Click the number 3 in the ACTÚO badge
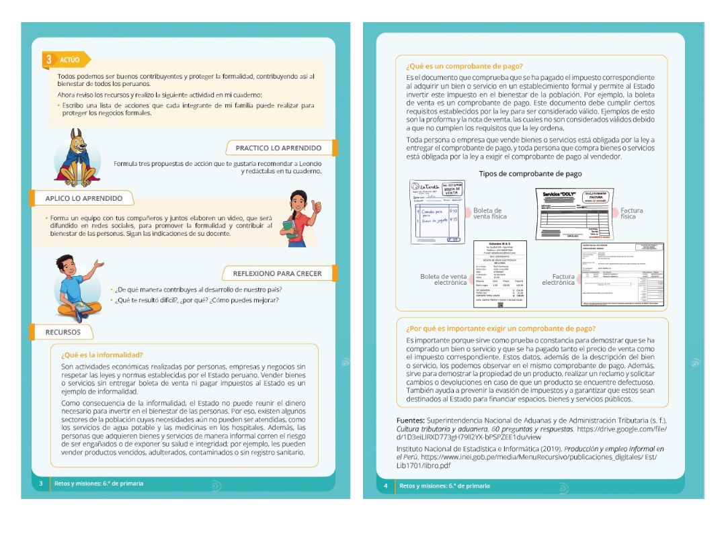(x=49, y=60)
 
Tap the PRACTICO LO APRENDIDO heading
(x=278, y=148)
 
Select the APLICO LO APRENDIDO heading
(x=83, y=198)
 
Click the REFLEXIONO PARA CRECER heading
(x=277, y=273)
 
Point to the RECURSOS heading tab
(x=63, y=332)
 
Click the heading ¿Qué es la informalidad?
(x=102, y=355)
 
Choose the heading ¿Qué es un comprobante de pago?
(x=464, y=66)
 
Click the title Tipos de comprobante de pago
(x=530, y=174)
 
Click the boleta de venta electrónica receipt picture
(x=499, y=274)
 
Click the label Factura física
(x=631, y=214)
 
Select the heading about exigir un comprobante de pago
(x=500, y=328)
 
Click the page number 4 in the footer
(x=386, y=486)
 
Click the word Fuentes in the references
(x=410, y=420)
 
